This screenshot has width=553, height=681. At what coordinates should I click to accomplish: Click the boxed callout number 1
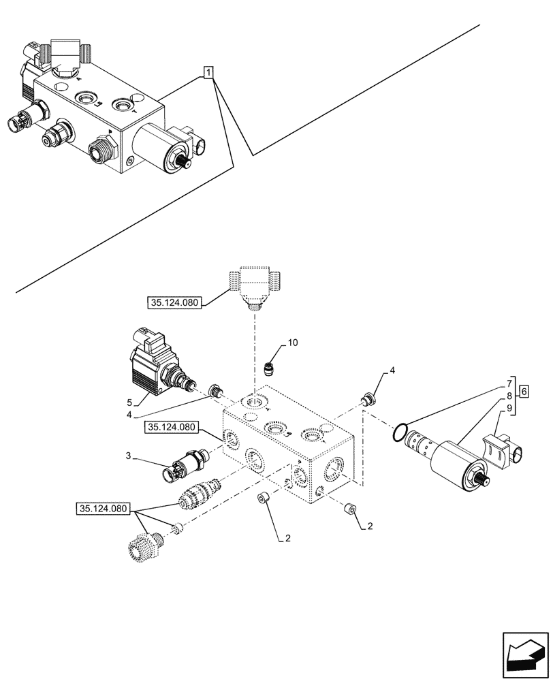[x=209, y=72]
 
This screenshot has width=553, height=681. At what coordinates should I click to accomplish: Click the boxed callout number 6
[x=524, y=391]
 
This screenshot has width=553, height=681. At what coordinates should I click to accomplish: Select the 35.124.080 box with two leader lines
[x=104, y=508]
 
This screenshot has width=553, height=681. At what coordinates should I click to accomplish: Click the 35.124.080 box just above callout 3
[x=170, y=428]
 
